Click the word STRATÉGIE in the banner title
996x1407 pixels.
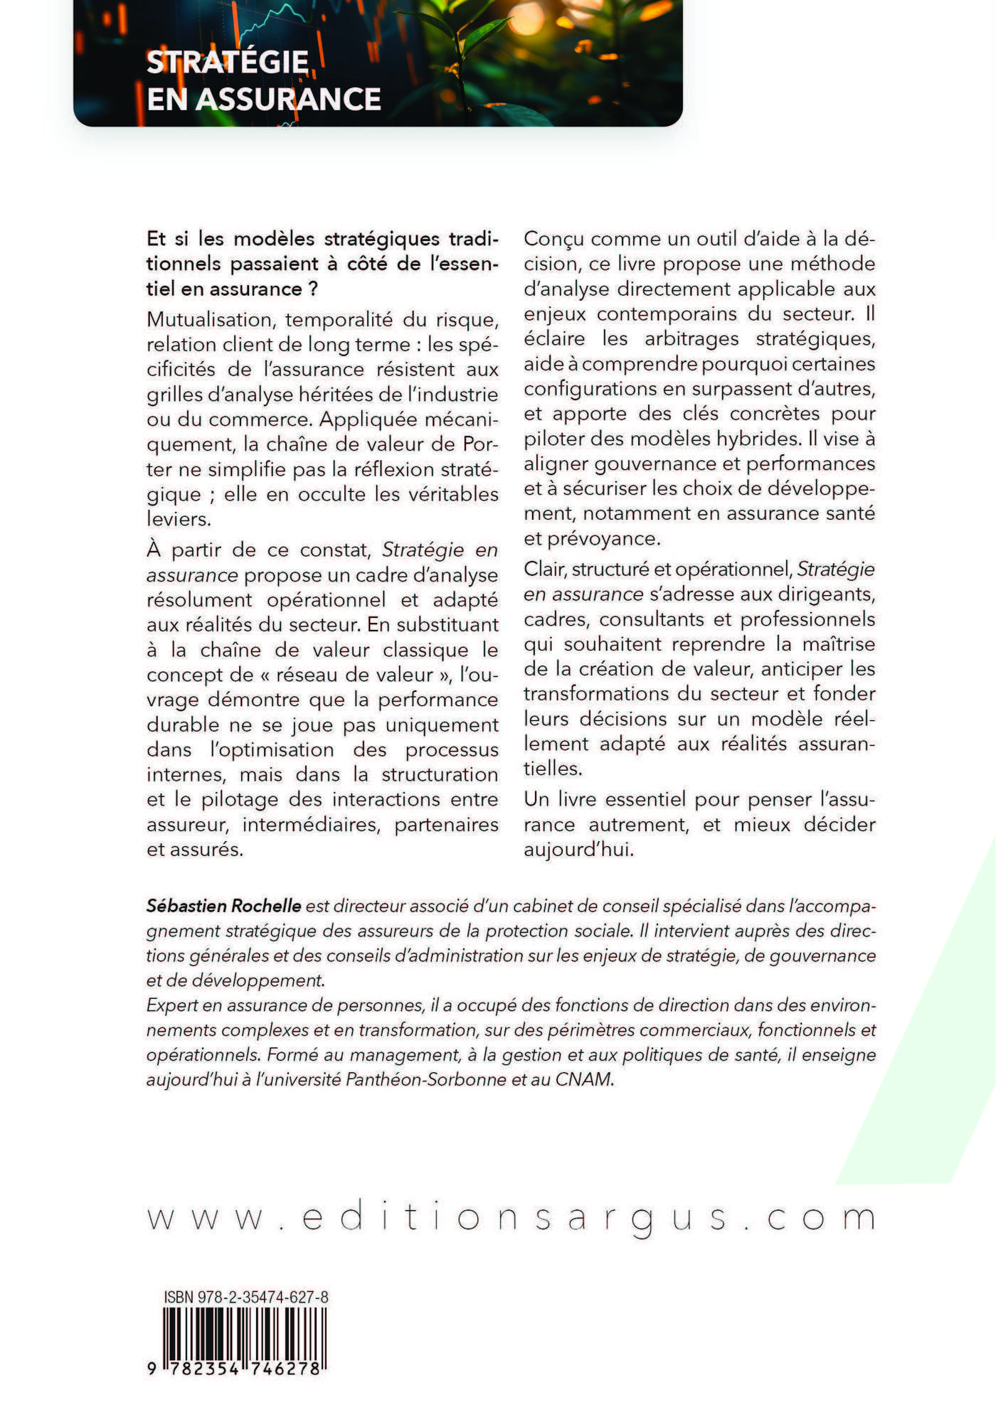coord(228,63)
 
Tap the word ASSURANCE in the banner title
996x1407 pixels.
coord(288,99)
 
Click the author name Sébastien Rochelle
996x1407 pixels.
coord(224,906)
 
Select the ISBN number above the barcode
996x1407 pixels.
coord(246,1297)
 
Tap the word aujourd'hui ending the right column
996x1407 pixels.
coord(578,850)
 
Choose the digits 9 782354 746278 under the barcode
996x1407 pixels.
coord(235,1388)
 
